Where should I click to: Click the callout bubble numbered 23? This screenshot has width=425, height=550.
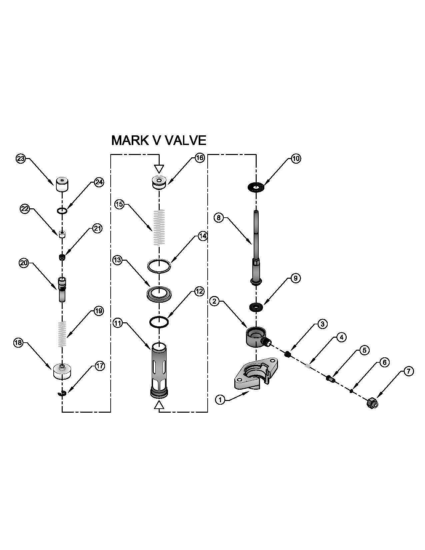click(21, 159)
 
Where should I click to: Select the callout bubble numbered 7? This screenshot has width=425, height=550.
click(409, 371)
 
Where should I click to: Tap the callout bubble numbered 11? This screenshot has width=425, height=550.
click(118, 323)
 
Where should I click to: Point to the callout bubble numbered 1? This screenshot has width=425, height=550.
click(220, 399)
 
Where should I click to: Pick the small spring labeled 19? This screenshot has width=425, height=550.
click(62, 334)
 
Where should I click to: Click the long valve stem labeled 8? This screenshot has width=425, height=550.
click(256, 247)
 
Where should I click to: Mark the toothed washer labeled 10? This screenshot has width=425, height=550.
click(256, 187)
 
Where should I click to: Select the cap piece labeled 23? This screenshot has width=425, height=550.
click(62, 184)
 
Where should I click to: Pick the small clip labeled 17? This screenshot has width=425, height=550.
click(62, 394)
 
